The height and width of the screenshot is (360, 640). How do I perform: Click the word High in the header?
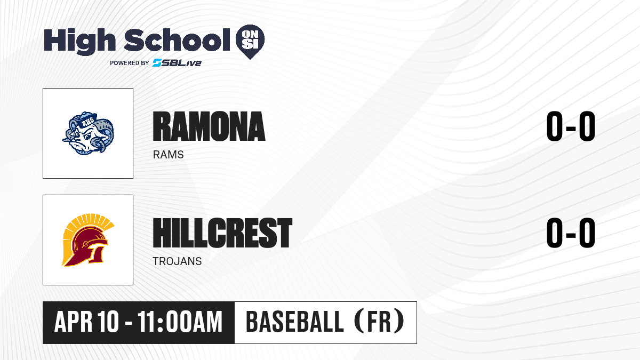[79, 42]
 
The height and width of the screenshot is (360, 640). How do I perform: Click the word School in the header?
[177, 40]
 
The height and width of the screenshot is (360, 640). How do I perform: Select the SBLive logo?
[177, 63]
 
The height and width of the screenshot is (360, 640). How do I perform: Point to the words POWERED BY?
[130, 63]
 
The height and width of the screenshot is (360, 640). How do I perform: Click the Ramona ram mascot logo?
[88, 133]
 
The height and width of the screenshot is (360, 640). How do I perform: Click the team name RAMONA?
[209, 126]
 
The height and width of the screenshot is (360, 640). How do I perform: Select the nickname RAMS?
[169, 155]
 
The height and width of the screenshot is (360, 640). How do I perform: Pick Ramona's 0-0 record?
[571, 126]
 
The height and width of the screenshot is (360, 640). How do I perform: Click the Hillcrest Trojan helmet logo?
[88, 240]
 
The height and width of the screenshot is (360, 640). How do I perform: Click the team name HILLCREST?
[222, 233]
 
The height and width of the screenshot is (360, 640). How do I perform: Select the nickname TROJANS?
[177, 261]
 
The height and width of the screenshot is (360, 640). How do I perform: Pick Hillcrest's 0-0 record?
[571, 233]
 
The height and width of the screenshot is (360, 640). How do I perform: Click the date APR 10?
[86, 322]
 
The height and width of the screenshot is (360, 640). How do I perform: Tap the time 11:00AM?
[180, 322]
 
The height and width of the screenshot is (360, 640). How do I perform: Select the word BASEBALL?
[294, 322]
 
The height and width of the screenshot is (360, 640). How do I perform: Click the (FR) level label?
[379, 322]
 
